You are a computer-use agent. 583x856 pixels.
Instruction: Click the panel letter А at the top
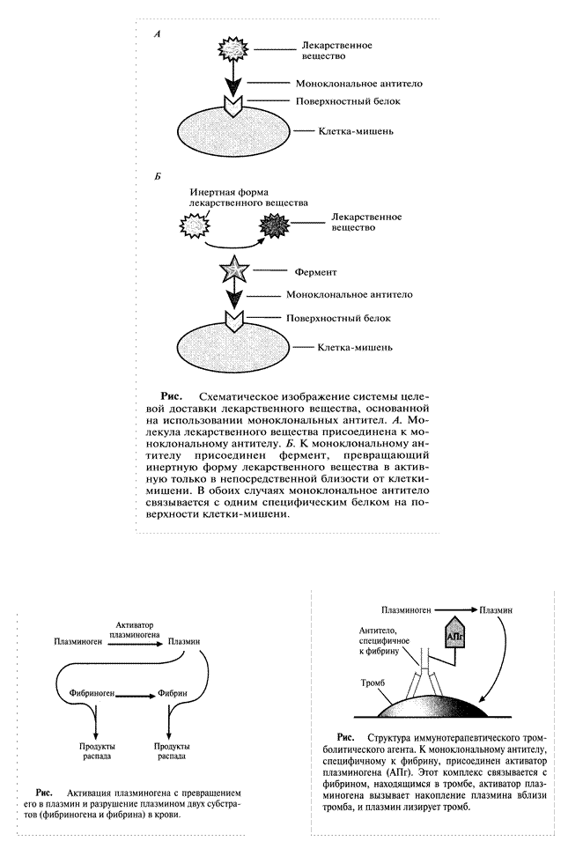(157, 33)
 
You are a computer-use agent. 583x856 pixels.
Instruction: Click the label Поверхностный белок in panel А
(348, 102)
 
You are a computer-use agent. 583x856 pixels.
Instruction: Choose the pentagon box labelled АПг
(455, 636)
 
